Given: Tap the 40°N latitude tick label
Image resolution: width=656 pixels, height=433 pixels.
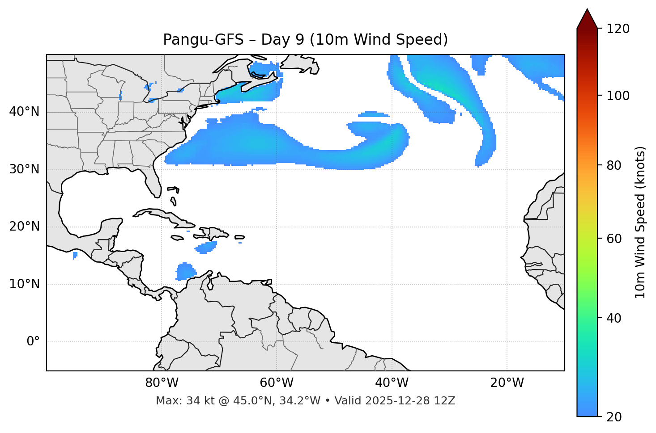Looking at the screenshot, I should (24, 112).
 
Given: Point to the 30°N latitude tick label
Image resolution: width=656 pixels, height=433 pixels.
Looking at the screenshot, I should (24, 169).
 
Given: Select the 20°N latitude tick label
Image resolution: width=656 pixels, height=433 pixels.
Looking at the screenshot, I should (24, 227).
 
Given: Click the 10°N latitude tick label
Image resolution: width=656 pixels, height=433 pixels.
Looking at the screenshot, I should (24, 284).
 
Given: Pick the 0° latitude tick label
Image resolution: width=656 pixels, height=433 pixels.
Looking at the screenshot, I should (33, 342).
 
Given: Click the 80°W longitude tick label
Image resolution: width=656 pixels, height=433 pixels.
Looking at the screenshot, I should (162, 383).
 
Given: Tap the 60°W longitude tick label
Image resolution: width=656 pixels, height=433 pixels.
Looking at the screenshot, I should (277, 383).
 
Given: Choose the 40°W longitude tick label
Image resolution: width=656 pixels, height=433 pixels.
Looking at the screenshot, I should (392, 383).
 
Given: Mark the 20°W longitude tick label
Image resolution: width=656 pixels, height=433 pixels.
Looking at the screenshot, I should (507, 383).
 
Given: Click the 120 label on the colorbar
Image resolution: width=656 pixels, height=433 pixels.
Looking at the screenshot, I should (618, 29).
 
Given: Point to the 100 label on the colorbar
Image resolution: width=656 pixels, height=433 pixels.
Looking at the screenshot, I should (618, 96).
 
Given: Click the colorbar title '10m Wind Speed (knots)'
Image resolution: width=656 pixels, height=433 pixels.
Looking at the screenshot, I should (640, 222).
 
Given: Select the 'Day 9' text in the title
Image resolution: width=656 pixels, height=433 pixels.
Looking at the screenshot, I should (276, 40).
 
